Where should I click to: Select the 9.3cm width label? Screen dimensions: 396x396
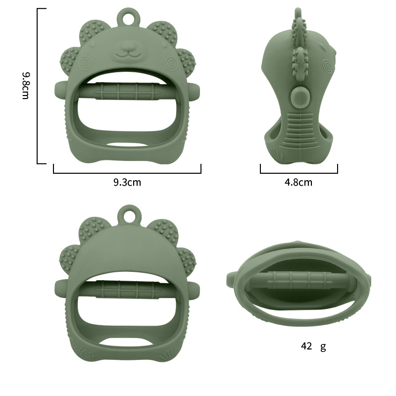click(x=127, y=182)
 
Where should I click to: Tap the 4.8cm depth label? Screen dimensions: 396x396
click(x=298, y=182)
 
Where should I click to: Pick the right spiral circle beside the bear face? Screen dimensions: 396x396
click(x=171, y=63)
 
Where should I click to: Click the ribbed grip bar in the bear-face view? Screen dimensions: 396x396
click(x=127, y=92)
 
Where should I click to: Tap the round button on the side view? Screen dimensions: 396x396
click(x=298, y=96)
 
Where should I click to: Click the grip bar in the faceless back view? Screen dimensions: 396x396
click(x=127, y=289)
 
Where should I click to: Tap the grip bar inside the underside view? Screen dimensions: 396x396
click(x=299, y=280)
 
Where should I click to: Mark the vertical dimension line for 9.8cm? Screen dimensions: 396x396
click(x=38, y=85)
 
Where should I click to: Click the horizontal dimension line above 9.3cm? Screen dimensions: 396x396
click(x=127, y=173)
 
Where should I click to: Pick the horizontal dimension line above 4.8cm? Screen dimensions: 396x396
click(x=298, y=173)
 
